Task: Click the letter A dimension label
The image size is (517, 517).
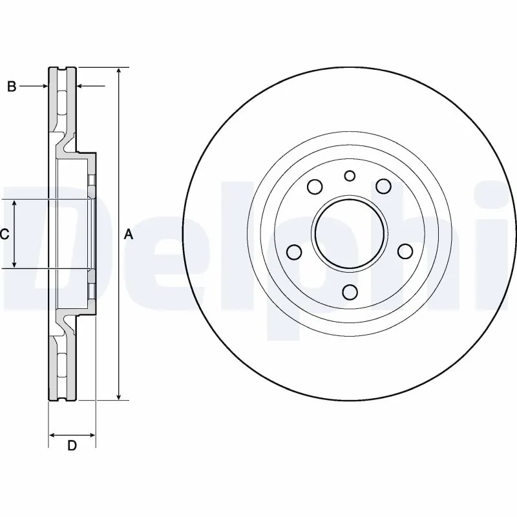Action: coord(128,235)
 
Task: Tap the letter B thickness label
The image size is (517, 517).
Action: coord(11,87)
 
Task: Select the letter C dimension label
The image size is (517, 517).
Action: coord(4,235)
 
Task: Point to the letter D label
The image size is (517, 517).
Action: coord(72,446)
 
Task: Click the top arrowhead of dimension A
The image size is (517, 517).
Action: coord(119,70)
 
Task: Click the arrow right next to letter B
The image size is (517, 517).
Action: coord(44,86)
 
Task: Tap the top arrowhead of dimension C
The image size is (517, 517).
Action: coord(16,204)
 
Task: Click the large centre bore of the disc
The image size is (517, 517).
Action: coord(350,233)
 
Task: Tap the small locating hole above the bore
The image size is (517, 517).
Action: coord(350,176)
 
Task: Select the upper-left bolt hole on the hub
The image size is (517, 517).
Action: coord(315,187)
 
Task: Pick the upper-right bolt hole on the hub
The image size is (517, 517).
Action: coord(385,187)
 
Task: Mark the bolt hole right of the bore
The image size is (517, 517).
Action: coord(405,251)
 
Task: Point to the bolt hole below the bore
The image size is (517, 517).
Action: coord(350,292)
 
